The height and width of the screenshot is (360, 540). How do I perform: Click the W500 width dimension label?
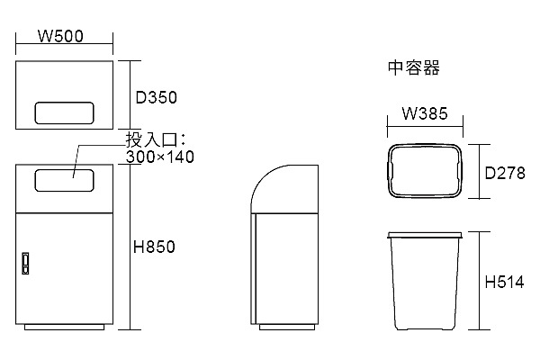(60, 36)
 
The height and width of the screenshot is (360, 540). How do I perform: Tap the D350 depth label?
(157, 97)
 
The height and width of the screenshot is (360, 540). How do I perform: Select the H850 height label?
(154, 247)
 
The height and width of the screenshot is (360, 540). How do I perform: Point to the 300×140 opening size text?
(160, 157)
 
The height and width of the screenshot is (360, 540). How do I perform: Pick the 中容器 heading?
(414, 67)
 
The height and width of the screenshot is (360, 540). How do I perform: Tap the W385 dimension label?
(425, 113)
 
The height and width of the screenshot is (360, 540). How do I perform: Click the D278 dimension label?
(505, 173)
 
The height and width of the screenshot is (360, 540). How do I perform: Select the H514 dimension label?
(505, 282)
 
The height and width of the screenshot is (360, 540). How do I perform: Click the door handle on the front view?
(25, 263)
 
